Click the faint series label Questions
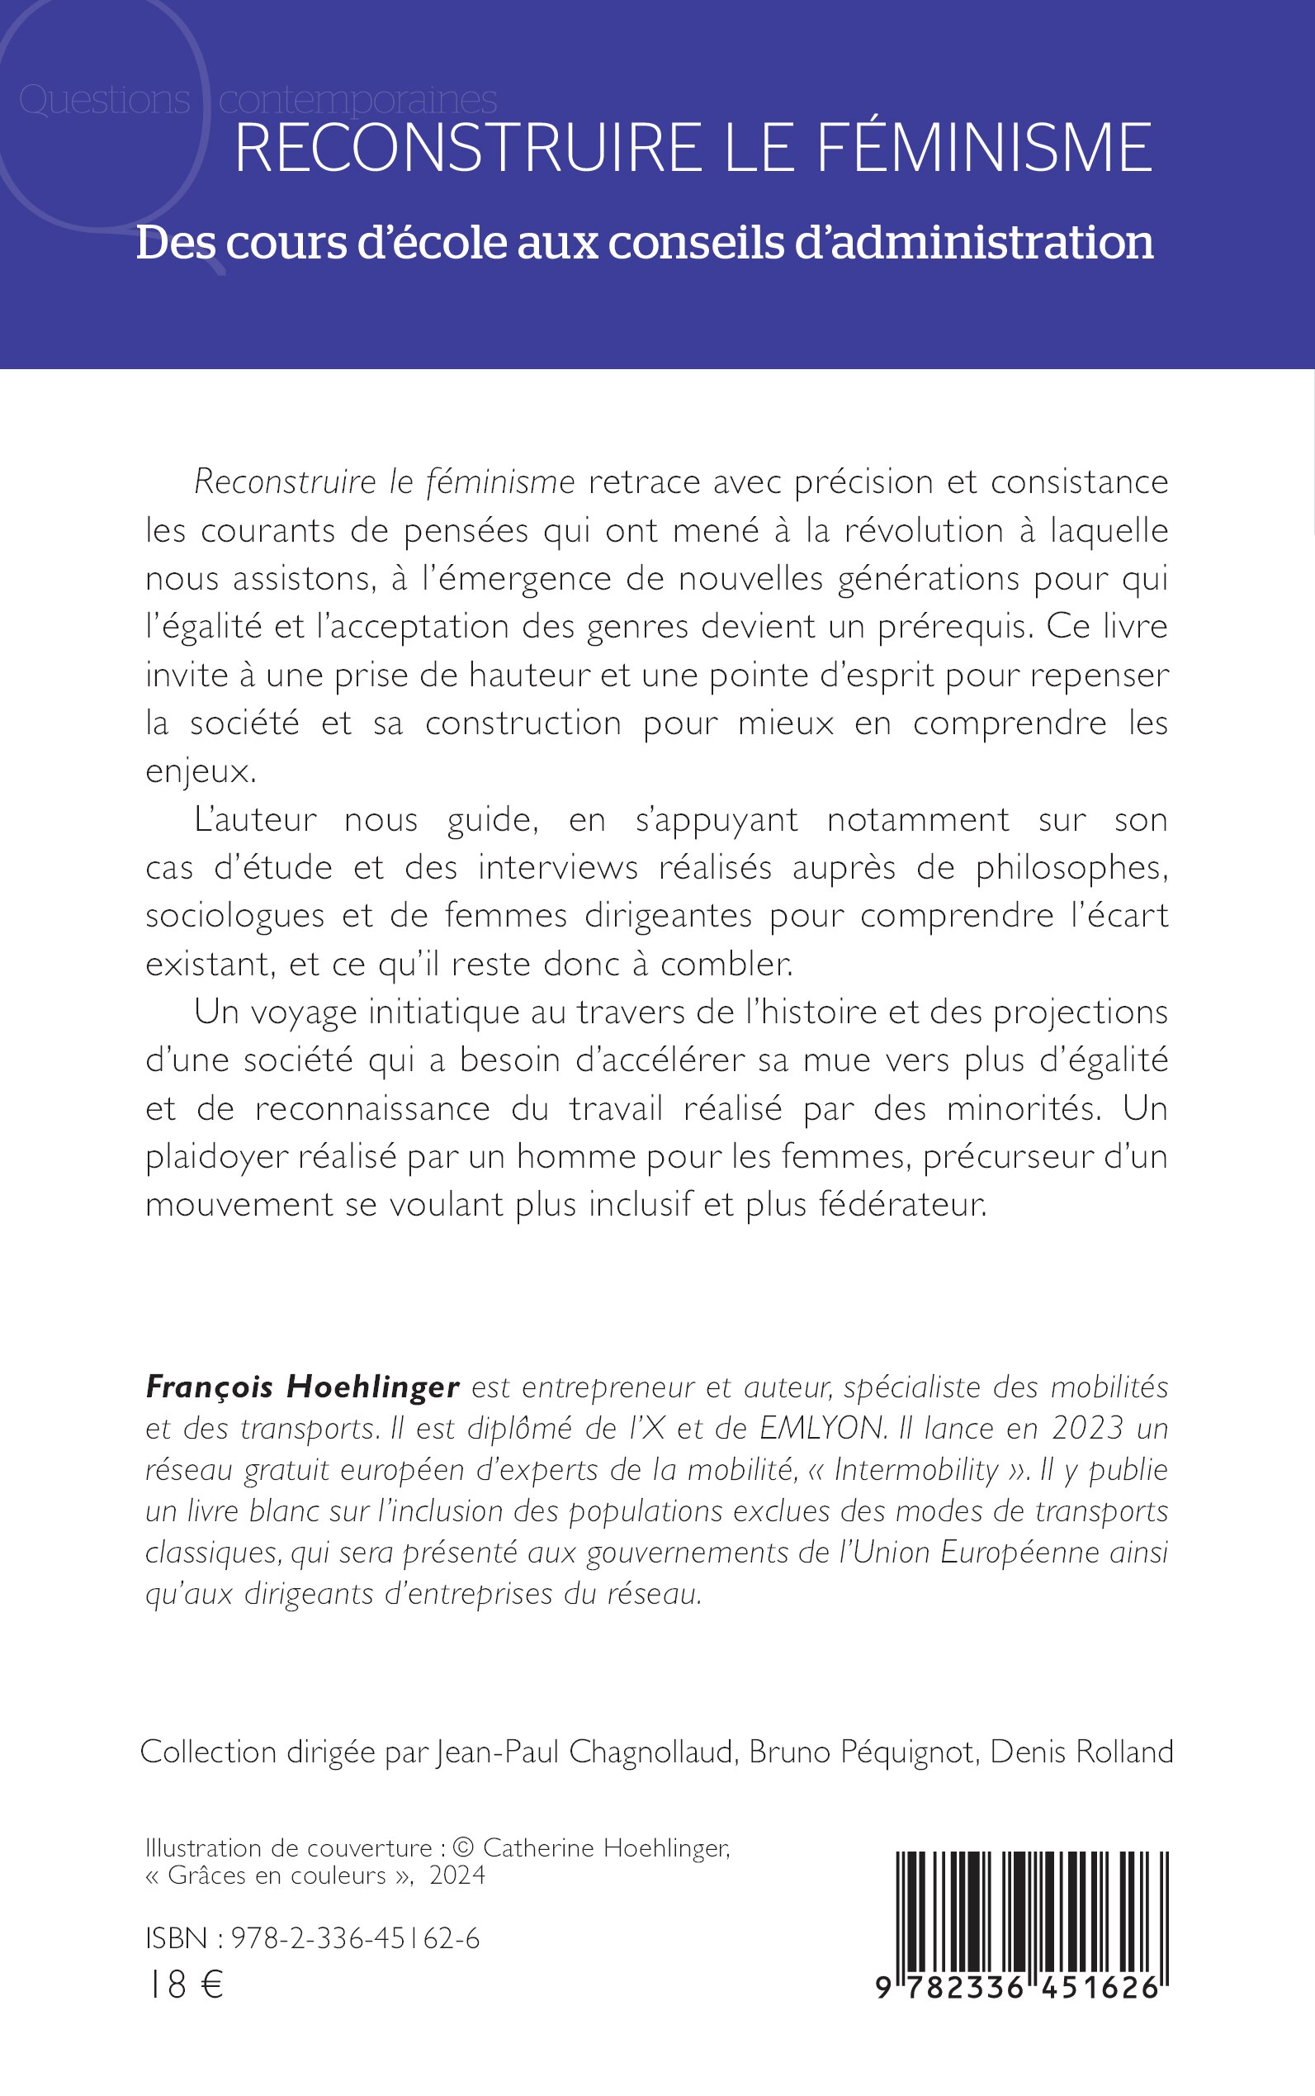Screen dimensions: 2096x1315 coord(104,100)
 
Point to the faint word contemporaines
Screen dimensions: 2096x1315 coord(357,100)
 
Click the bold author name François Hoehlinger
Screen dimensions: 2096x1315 coord(302,1387)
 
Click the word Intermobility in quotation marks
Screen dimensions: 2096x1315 coord(915,1469)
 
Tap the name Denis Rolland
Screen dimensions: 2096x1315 coord(1081,1752)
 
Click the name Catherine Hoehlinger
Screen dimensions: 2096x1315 coord(605,1848)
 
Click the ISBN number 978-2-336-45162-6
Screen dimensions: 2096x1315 coord(356,1938)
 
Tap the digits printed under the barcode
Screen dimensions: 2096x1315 coord(1019,1988)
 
